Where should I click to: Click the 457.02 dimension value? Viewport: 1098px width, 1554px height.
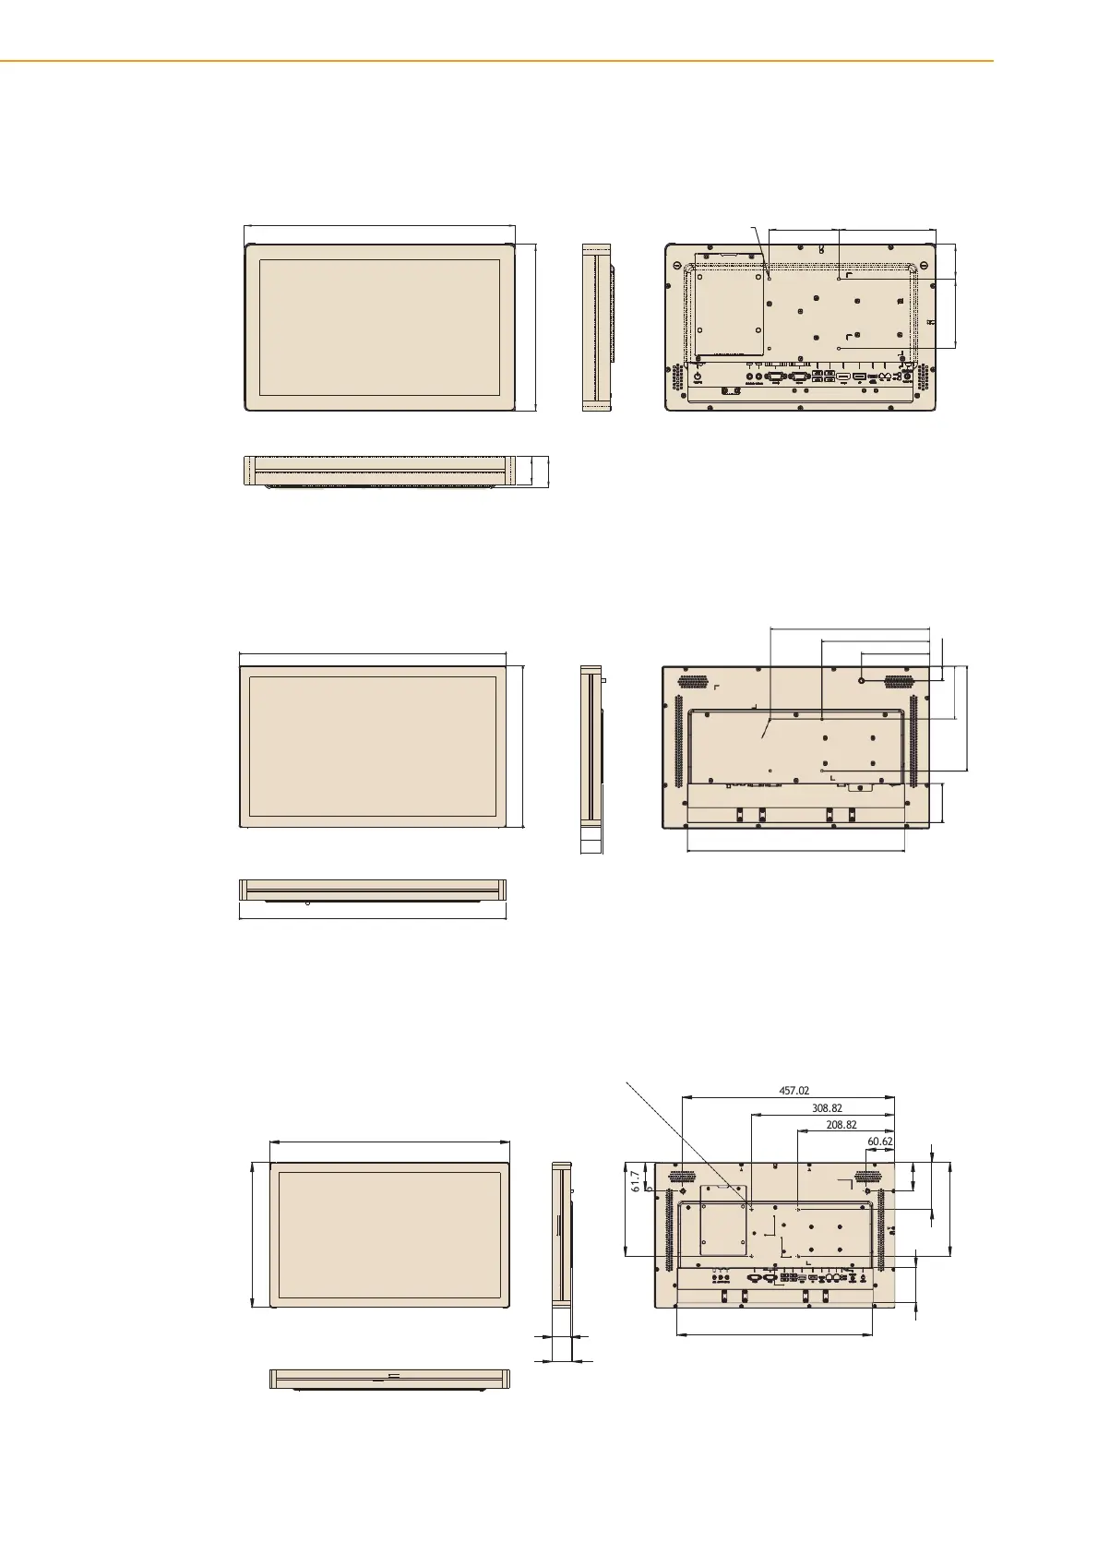[x=794, y=1091]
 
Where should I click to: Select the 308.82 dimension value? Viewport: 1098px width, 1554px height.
[x=827, y=1108]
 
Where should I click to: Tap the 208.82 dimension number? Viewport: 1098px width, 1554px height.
[x=841, y=1125]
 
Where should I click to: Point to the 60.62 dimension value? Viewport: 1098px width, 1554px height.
[x=880, y=1142]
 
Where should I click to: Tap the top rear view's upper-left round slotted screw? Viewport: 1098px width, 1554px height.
[x=677, y=265]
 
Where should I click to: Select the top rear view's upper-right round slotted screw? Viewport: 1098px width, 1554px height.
[x=925, y=265]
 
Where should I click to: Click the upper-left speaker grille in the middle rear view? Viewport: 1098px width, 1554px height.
[x=693, y=682]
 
